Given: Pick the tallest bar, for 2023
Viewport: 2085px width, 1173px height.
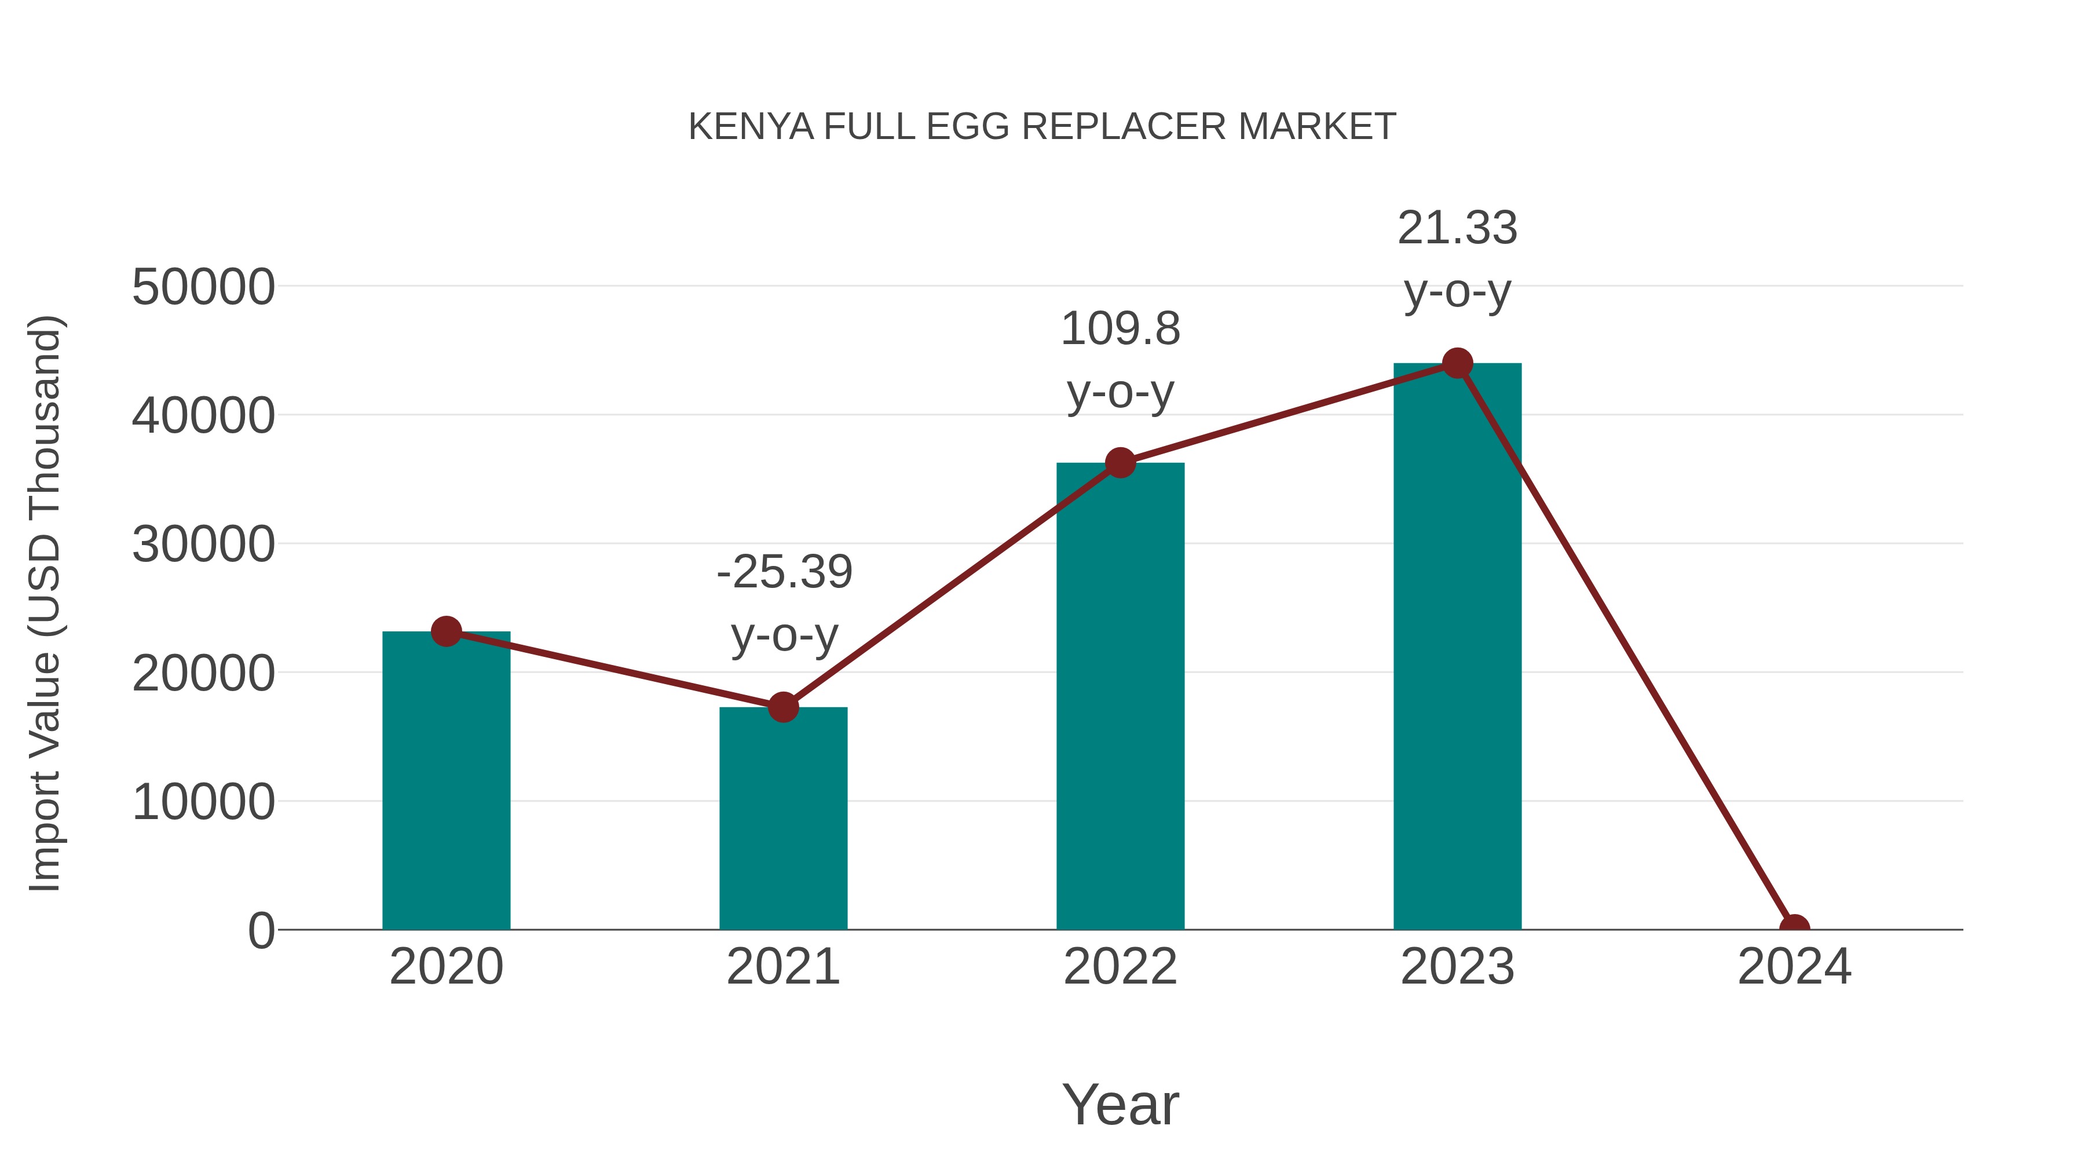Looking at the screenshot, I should [1457, 648].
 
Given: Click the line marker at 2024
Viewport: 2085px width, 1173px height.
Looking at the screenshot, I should [1794, 928].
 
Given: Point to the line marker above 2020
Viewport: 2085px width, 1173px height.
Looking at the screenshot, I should [446, 631].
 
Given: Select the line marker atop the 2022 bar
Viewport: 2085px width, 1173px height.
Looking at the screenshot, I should [1120, 463].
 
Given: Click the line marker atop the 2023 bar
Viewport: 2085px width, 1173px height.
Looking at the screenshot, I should [1457, 363].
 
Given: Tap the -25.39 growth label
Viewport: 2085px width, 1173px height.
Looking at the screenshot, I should [784, 572].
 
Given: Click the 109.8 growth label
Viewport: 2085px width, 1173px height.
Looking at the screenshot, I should [1120, 330].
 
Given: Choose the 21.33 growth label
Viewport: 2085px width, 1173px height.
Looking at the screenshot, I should [1457, 228].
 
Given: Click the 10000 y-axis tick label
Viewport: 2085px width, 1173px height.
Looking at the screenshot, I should [203, 802].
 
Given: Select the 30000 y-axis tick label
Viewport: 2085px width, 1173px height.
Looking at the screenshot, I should [203, 545].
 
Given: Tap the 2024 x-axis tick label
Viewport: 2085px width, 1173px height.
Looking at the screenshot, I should [1794, 967].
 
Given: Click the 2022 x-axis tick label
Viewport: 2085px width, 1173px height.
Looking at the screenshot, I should [1120, 967].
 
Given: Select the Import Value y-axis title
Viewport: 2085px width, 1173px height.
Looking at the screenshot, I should [45, 603].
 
